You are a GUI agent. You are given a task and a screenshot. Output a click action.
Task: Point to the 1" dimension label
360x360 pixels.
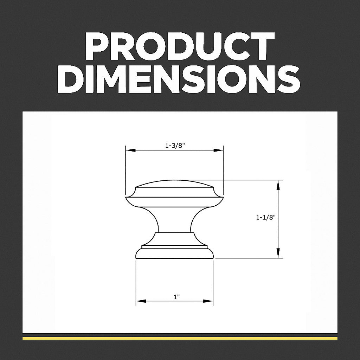pyautogui.click(x=176, y=297)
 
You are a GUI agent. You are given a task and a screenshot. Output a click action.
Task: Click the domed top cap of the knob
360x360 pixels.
pyautogui.click(x=174, y=184)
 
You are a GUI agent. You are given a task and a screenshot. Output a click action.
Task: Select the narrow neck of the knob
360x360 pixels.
pyautogui.click(x=174, y=220)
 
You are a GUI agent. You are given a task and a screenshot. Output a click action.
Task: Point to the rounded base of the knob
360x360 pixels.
pyautogui.click(x=174, y=253)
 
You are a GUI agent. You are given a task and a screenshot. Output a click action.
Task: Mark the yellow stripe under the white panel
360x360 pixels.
pyautogui.click(x=180, y=338)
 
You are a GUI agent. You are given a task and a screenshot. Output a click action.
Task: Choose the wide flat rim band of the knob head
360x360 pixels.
pyautogui.click(x=174, y=202)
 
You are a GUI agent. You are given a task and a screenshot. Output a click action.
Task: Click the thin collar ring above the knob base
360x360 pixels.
pyautogui.click(x=174, y=246)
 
